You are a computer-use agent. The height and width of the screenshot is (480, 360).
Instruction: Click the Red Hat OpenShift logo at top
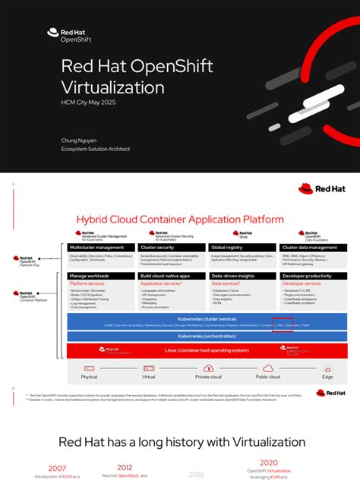pyautogui.click(x=63, y=35)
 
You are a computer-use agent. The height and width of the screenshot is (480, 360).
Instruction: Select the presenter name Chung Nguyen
pyautogui.click(x=80, y=141)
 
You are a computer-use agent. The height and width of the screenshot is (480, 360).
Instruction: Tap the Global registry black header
pyautogui.click(x=242, y=248)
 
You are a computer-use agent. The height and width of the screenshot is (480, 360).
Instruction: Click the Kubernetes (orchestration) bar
pyautogui.click(x=207, y=336)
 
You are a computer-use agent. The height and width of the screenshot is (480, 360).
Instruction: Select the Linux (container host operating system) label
pyautogui.click(x=207, y=350)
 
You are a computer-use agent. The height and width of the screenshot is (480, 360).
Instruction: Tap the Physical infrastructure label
pyautogui.click(x=89, y=377)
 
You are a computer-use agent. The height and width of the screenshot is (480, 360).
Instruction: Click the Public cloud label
pyautogui.click(x=267, y=377)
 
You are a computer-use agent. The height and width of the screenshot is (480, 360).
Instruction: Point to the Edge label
pyautogui.click(x=327, y=377)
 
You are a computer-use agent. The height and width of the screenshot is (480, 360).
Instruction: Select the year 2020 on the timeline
pyautogui.click(x=269, y=463)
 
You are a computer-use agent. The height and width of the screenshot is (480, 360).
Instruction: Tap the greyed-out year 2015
pyautogui.click(x=197, y=474)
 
